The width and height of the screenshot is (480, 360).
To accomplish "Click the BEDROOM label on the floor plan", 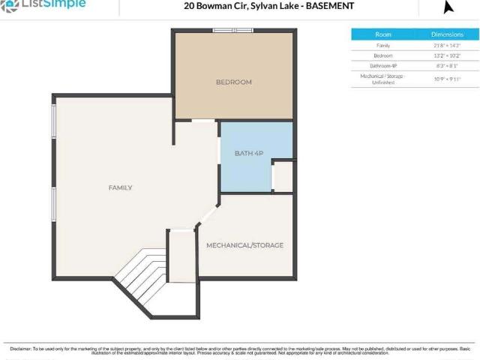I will [x=233, y=82].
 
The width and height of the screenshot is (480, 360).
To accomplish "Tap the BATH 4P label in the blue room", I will [x=248, y=153].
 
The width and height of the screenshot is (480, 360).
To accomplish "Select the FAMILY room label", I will [x=120, y=187].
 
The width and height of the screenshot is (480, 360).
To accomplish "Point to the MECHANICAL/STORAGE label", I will [x=244, y=245].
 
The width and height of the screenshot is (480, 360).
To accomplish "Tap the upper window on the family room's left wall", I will [x=53, y=121].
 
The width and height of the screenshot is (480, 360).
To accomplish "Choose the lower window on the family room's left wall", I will [x=53, y=205].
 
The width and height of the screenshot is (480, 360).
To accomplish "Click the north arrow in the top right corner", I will [x=448, y=7].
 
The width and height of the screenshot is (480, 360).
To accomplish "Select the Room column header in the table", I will [x=383, y=34].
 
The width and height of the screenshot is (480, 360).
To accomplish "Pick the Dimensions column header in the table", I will [x=447, y=34].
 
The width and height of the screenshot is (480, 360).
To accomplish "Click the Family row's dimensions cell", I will [x=447, y=46].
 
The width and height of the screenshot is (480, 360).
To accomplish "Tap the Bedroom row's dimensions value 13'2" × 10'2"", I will [x=447, y=55].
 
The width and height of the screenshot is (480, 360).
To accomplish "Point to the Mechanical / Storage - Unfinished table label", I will [x=383, y=79].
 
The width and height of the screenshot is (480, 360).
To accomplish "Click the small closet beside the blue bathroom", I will [x=283, y=177].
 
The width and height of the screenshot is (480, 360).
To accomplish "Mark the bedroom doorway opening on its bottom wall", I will [x=202, y=120].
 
